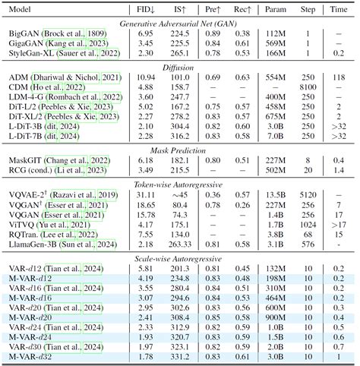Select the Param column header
point(272,9)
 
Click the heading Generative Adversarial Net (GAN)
point(180,23)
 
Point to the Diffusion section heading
point(180,66)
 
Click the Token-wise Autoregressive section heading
point(180,183)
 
